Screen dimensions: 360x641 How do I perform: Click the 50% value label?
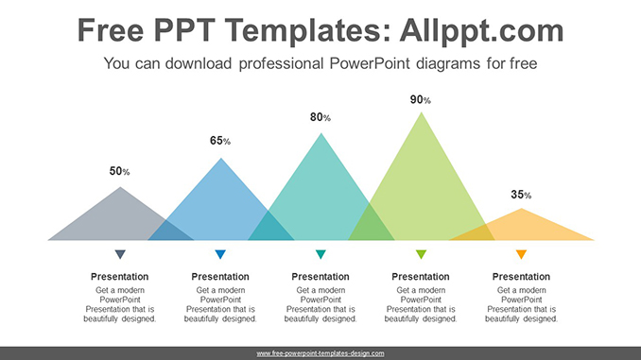119,171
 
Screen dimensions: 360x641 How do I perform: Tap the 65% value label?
219,141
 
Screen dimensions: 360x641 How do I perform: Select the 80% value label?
320,117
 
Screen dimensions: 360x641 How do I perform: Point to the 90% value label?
421,99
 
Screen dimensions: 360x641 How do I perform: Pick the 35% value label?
521,194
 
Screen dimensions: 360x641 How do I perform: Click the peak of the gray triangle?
120,188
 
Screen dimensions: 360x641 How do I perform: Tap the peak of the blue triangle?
221,159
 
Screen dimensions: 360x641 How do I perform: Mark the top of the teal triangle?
321,134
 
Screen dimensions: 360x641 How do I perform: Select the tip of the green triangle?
422,113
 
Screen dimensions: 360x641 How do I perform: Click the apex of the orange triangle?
521,210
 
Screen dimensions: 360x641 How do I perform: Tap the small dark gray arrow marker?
120,254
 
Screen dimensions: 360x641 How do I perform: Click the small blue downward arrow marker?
220,254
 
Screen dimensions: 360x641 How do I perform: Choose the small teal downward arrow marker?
320,254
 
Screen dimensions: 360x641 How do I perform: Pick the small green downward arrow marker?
421,254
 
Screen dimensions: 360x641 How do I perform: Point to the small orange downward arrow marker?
521,254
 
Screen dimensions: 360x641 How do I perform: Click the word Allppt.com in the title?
463,31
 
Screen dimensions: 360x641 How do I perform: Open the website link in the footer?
320,352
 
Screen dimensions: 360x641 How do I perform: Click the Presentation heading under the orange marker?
521,277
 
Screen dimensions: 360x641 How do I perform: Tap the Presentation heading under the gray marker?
120,277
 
